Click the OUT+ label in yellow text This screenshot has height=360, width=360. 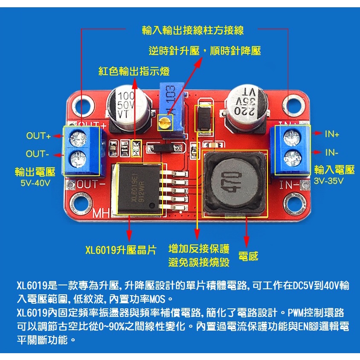[38, 136]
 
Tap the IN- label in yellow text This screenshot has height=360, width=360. [332, 152]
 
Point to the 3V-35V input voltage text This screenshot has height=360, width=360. [329, 181]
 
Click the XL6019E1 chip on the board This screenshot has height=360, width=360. [138, 188]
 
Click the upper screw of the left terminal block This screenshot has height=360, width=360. [78, 137]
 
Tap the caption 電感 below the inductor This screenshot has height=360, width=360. [248, 256]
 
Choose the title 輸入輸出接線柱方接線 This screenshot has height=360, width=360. [193, 30]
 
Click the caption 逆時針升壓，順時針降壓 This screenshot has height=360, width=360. [205, 51]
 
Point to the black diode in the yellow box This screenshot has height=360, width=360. [203, 117]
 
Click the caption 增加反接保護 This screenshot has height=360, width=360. [199, 249]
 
